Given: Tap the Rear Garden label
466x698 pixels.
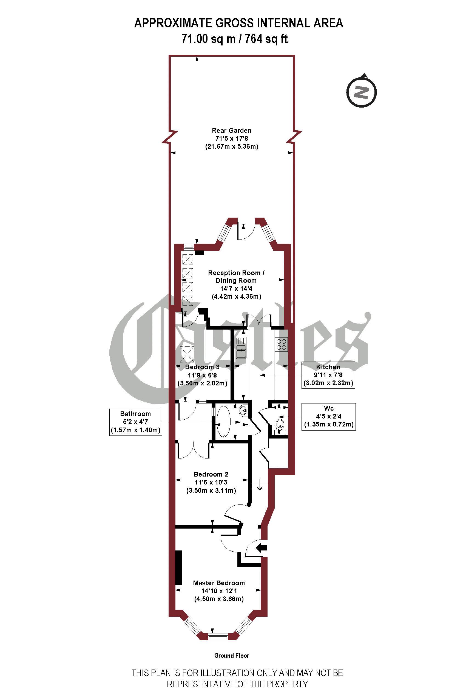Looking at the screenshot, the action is pyautogui.click(x=232, y=131).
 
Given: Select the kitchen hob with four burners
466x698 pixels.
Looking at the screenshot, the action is pyautogui.click(x=281, y=344).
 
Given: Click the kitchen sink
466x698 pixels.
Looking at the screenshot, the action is pyautogui.click(x=241, y=348).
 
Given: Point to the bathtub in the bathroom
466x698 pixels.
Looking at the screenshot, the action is pyautogui.click(x=223, y=422).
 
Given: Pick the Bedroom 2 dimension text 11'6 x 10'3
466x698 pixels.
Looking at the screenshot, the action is pyautogui.click(x=211, y=482).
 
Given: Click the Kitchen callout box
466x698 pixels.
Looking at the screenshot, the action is pyautogui.click(x=328, y=375).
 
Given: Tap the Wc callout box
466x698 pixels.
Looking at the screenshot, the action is pyautogui.click(x=328, y=416).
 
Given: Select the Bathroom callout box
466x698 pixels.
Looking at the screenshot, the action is pyautogui.click(x=135, y=422).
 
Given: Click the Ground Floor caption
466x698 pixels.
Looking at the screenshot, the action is pyautogui.click(x=232, y=656).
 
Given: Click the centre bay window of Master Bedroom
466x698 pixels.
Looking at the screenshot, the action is pyautogui.click(x=218, y=636).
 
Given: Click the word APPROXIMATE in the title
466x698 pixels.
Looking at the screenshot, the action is pyautogui.click(x=174, y=23).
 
